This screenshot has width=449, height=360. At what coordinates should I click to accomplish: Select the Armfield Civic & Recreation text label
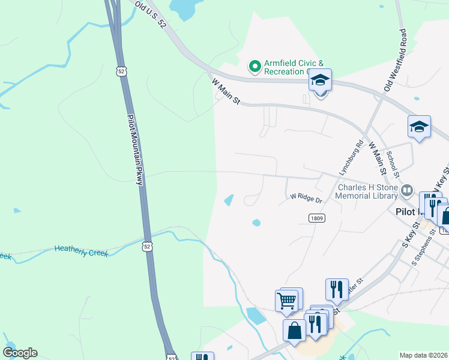tap(288, 67)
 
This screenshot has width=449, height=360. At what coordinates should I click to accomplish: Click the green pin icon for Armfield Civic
tap(255, 65)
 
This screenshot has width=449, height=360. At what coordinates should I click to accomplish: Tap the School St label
tap(393, 163)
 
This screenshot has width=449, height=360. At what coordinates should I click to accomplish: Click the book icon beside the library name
tap(408, 191)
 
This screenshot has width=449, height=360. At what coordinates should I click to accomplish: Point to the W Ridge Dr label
tap(306, 197)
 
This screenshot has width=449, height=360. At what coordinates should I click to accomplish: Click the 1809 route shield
tap(318, 218)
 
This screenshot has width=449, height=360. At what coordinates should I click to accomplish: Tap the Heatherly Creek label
tap(81, 251)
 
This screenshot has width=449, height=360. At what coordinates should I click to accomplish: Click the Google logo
tap(20, 353)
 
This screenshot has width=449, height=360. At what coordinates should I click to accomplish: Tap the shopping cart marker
tap(287, 300)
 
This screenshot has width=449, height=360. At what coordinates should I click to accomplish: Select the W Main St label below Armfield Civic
tap(226, 90)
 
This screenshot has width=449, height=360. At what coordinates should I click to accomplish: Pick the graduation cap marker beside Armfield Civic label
tap(321, 80)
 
